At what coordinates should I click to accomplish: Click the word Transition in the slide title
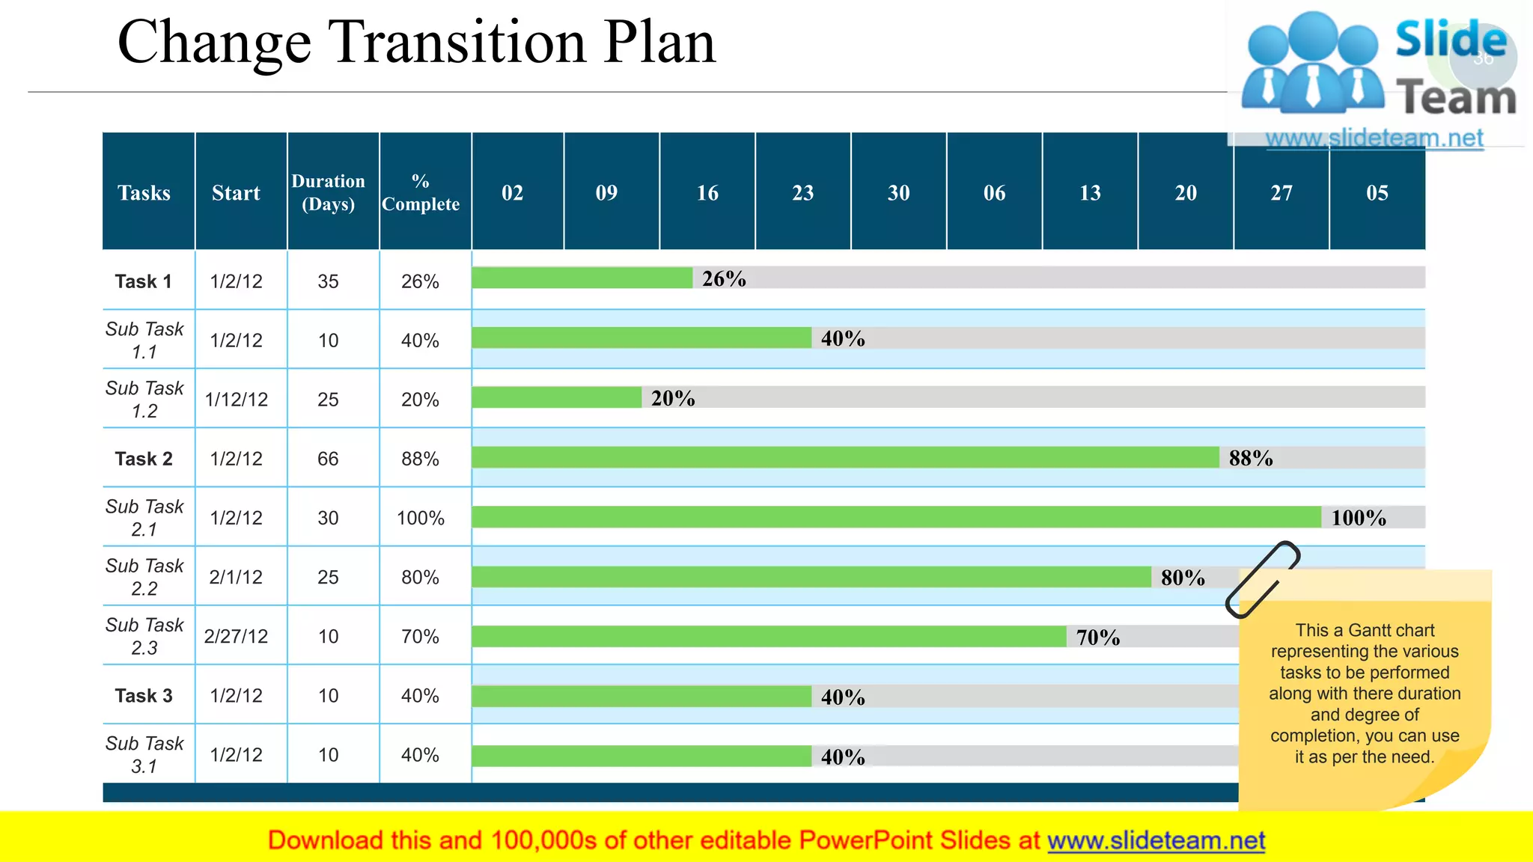tap(459, 42)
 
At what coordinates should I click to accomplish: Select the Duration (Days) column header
tap(328, 192)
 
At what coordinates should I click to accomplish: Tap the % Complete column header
tap(421, 192)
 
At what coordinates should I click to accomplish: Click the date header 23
tap(802, 193)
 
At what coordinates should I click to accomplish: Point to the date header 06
tap(994, 193)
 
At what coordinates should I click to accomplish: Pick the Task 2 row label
tap(144, 459)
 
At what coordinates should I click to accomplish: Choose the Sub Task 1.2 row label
tap(144, 400)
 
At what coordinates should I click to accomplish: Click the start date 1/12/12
tap(237, 400)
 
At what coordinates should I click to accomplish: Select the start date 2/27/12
tap(236, 637)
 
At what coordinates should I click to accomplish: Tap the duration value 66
tap(328, 459)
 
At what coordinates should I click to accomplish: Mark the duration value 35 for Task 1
tap(328, 281)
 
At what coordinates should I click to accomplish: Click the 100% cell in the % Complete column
tap(421, 518)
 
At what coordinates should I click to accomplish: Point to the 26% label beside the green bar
tap(724, 278)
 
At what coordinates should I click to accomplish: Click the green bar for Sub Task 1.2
tap(556, 397)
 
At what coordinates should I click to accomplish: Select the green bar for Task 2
tap(845, 457)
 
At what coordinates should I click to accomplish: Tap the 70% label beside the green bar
tap(1098, 638)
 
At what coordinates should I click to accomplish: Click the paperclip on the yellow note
tap(1263, 580)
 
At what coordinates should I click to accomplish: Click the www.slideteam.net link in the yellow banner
tap(1156, 841)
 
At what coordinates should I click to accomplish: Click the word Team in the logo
tap(1456, 98)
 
